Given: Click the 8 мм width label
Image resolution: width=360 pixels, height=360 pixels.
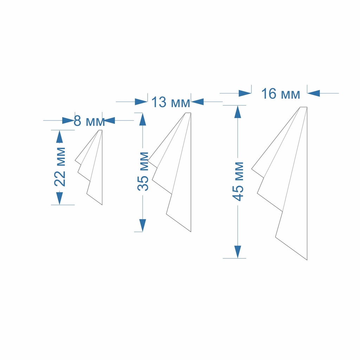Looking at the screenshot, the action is pyautogui.click(x=89, y=121).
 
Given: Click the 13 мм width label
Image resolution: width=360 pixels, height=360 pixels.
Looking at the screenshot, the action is pyautogui.click(x=171, y=102).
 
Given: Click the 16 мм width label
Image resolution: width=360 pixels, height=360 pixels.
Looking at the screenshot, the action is pyautogui.click(x=281, y=94).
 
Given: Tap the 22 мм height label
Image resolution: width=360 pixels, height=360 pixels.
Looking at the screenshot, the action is pyautogui.click(x=60, y=167).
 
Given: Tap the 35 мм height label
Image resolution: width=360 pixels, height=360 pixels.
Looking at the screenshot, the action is pyautogui.click(x=143, y=171).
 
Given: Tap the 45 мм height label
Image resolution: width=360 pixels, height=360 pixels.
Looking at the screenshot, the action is pyautogui.click(x=238, y=181).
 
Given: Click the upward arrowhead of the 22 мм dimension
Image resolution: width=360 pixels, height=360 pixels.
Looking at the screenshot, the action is pyautogui.click(x=59, y=137).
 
